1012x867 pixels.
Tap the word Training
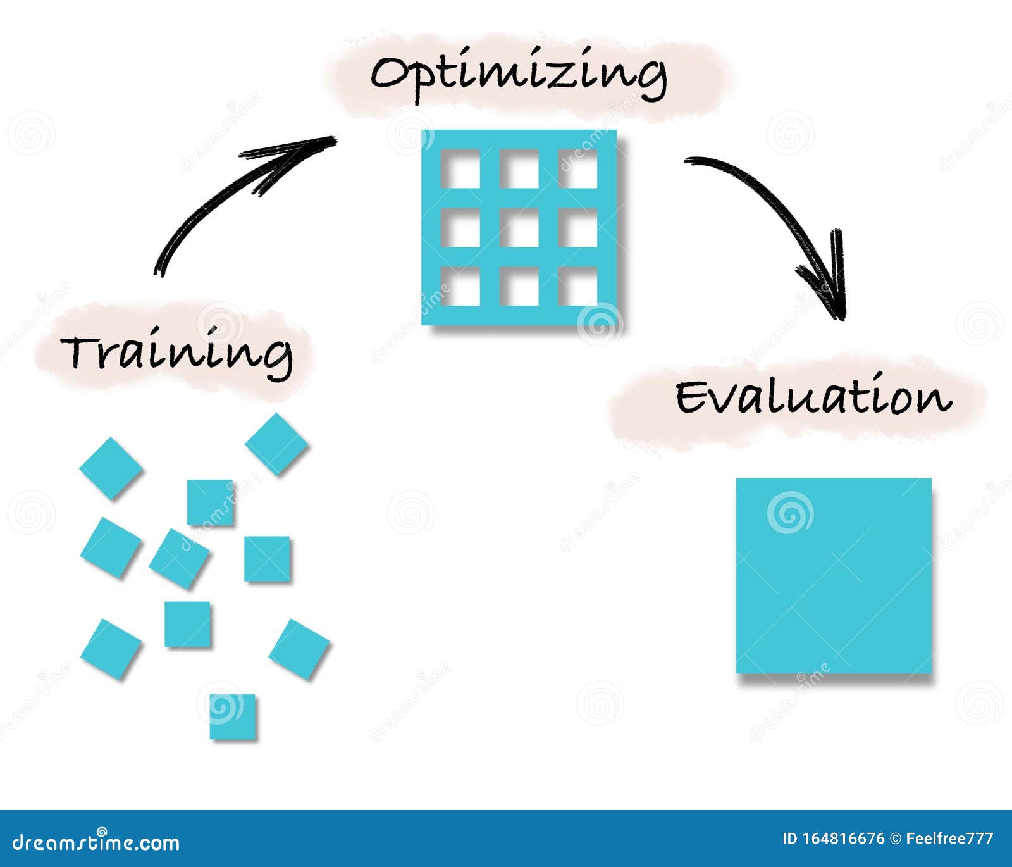click(x=177, y=353)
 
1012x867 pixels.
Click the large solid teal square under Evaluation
click(x=834, y=576)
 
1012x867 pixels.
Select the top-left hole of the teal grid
click(x=460, y=170)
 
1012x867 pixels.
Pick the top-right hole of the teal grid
click(x=578, y=170)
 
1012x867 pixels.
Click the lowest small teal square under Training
click(x=233, y=716)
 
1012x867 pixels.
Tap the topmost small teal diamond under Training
click(x=276, y=444)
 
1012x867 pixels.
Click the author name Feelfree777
click(x=949, y=839)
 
